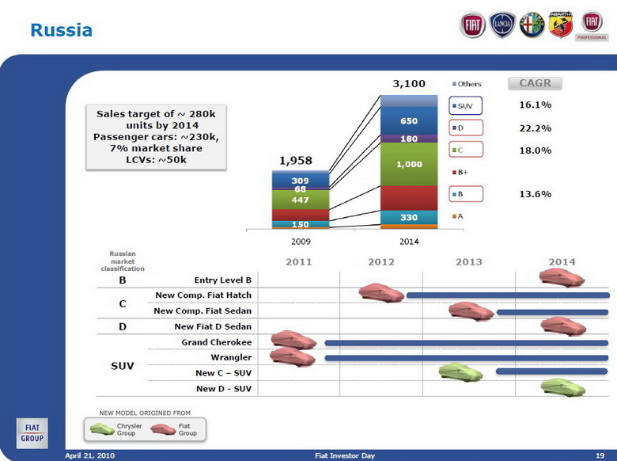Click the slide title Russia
tap(61, 31)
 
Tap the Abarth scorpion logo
tap(560, 25)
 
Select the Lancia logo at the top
tap(502, 25)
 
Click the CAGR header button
tap(535, 83)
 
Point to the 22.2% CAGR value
tap(535, 128)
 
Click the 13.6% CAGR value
tap(535, 193)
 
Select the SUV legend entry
tap(465, 105)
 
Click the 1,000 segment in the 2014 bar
tap(409, 165)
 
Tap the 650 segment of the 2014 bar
tap(409, 120)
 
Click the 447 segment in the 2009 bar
tap(300, 200)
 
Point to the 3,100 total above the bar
tap(409, 83)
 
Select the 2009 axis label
tap(300, 239)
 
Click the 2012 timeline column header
tap(380, 262)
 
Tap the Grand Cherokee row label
tap(216, 342)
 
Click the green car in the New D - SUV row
tap(562, 387)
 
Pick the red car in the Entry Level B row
tap(562, 278)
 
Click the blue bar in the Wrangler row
tap(466, 358)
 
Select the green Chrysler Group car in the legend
tap(102, 429)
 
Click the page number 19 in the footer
tap(599, 455)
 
